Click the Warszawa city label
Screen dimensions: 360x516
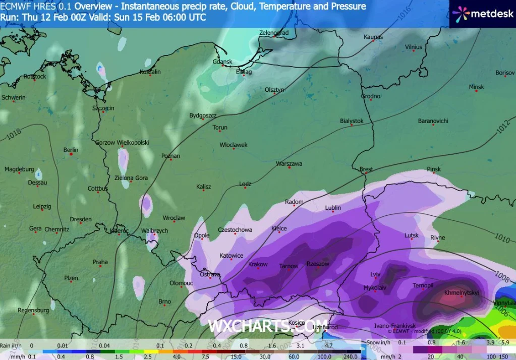pos(289,164)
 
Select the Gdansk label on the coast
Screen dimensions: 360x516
pos(222,62)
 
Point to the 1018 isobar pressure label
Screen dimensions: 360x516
pos(15,134)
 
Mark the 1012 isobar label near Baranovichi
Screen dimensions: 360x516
pos(502,127)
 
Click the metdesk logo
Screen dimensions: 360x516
pos(482,14)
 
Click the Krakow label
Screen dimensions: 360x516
pos(258,265)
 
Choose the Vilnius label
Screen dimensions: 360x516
pos(413,47)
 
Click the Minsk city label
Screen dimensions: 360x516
pos(476,87)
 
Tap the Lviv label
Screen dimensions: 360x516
pos(375,274)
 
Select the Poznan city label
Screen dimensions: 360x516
pos(170,156)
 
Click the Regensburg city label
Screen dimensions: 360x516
pos(33,310)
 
